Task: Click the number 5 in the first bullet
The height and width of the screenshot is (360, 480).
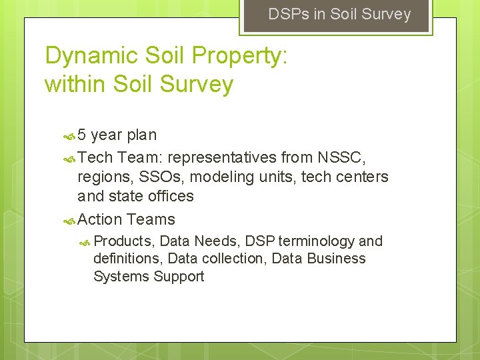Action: click(82, 135)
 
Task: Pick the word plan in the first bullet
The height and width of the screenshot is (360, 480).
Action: click(142, 135)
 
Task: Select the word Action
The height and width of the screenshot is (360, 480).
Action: click(100, 219)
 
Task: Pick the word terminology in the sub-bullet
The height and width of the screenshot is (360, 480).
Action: click(317, 241)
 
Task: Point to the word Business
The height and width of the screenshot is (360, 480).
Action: click(336, 258)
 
